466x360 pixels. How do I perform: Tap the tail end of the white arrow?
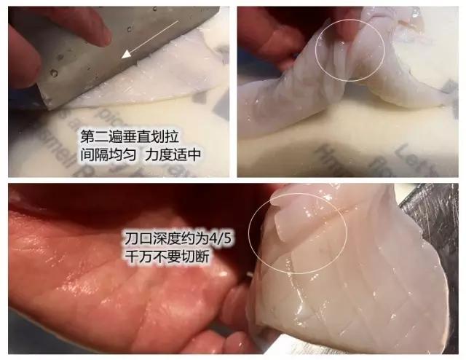coord(177,23)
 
